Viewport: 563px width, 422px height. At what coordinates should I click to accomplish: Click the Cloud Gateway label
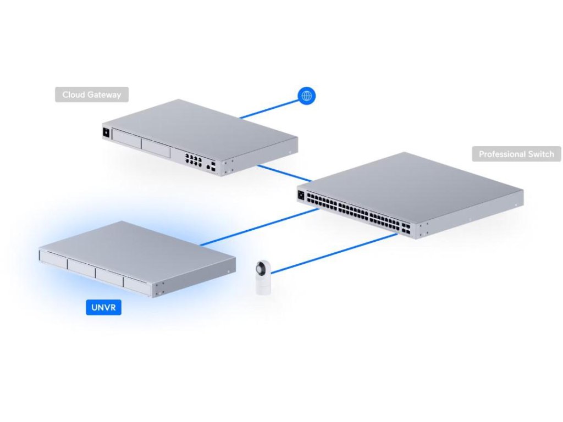pos(91,95)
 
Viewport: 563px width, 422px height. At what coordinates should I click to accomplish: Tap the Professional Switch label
pos(516,154)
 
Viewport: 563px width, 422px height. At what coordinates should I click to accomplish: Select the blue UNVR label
pos(103,307)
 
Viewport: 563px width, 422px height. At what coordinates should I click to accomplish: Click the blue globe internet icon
pos(306,96)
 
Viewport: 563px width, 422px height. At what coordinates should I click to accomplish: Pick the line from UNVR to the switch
pos(258,226)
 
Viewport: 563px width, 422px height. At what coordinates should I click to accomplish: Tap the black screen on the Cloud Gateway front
pos(106,132)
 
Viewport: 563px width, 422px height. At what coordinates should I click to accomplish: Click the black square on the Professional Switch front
pos(301,195)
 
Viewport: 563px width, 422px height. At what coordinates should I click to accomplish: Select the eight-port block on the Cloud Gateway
pos(193,159)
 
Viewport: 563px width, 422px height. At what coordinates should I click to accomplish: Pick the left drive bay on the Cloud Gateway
pos(126,137)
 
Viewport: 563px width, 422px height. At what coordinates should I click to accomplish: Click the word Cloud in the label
pos(74,95)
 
